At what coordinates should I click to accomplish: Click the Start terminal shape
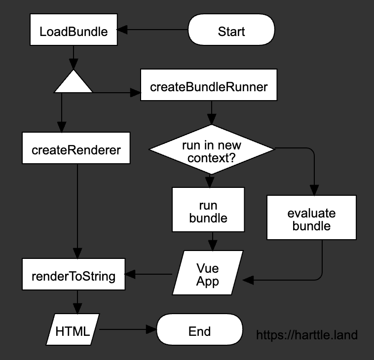coord(231,32)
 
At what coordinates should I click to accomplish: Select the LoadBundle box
coord(74,32)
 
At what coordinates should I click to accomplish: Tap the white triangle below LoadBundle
coord(74,83)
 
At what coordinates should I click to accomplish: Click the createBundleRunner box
coord(209,87)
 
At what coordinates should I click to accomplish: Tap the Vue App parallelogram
coord(208,275)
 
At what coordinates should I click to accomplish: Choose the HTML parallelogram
coord(73,330)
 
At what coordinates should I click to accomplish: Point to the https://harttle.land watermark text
coord(307,335)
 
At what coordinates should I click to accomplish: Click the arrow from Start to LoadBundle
coord(153,30)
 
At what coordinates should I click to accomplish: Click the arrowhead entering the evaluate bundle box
coord(313,191)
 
